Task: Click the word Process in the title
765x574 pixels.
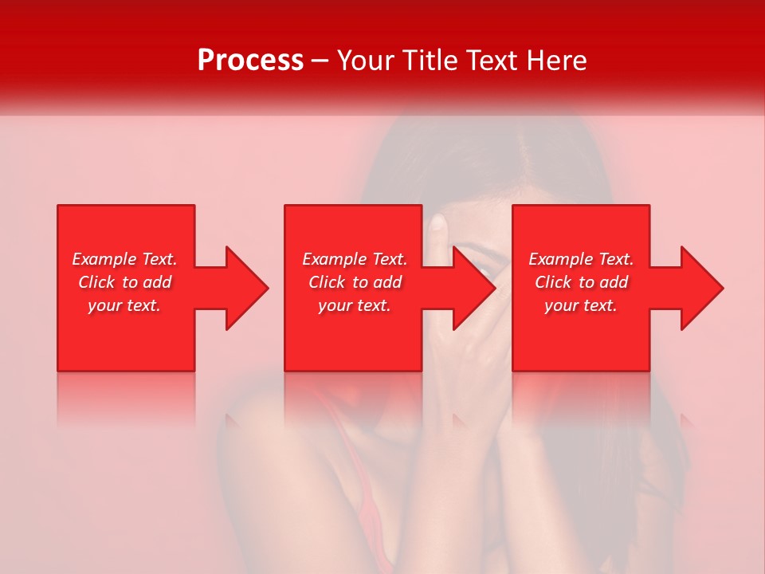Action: pos(250,61)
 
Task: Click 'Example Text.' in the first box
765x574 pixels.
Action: pos(125,259)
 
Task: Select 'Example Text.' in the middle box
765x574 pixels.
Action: pos(355,259)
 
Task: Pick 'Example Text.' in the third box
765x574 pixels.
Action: pos(581,259)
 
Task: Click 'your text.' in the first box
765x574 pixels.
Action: pos(125,305)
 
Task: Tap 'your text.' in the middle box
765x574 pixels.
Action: pos(355,305)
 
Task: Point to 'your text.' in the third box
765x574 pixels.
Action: pos(581,305)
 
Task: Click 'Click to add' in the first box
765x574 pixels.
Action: pos(125,282)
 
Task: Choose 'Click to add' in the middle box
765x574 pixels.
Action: pos(355,282)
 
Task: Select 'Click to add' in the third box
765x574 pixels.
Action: pos(581,282)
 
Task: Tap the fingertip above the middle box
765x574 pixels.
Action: pos(436,223)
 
